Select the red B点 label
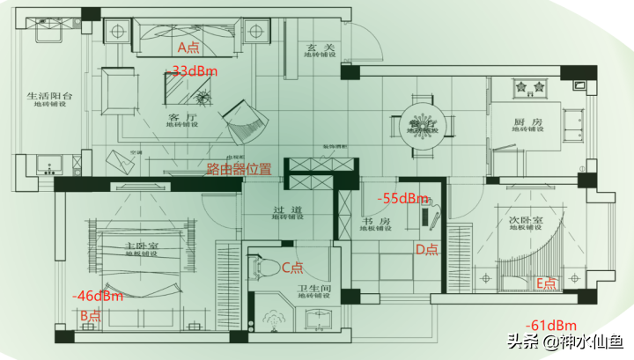(91, 315)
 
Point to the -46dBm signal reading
(98, 296)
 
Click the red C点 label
(292, 268)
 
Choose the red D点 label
(427, 249)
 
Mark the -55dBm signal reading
(402, 198)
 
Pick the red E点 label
(547, 283)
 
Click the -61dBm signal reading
(550, 326)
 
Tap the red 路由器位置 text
(239, 168)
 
